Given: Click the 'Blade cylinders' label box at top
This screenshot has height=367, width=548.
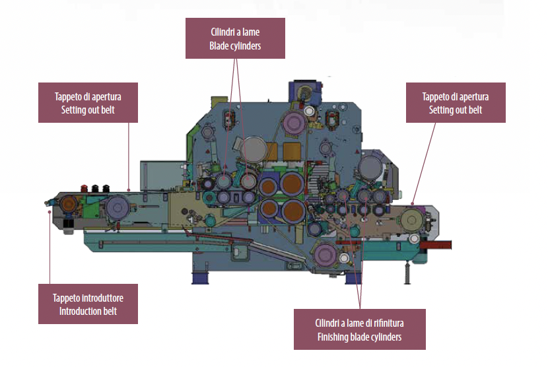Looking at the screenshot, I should click(235, 39).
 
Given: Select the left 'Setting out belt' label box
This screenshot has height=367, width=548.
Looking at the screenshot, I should click(88, 103).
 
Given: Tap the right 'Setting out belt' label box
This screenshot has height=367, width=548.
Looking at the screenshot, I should click(456, 103).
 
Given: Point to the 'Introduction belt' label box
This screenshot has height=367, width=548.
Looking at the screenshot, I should click(88, 304).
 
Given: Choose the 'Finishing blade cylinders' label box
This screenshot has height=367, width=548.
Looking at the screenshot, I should click(359, 330).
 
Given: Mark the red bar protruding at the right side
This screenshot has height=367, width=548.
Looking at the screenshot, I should click(437, 245).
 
